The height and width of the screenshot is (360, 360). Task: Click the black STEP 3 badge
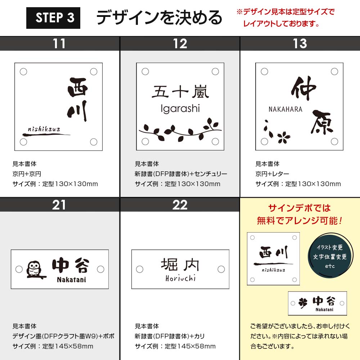click(53, 18)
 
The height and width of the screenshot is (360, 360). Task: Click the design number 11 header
click(59, 44)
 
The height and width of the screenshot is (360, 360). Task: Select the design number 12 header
click(180, 44)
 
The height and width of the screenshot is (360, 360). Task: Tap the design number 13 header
click(300, 44)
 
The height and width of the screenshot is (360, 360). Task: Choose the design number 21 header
click(59, 205)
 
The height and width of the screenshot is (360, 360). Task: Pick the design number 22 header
click(180, 205)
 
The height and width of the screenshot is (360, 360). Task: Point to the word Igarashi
click(180, 109)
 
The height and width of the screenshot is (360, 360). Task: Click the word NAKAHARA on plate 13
click(285, 109)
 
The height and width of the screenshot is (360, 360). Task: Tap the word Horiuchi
click(180, 278)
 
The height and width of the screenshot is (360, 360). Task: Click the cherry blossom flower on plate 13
click(284, 137)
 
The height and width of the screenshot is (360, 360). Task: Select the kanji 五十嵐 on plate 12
click(180, 91)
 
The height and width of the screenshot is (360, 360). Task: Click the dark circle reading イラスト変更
click(330, 256)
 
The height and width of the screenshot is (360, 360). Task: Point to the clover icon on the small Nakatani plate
click(303, 303)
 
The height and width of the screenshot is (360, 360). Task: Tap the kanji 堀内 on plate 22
click(180, 265)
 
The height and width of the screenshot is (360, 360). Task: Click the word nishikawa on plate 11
click(44, 129)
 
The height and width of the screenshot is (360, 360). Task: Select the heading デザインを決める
click(159, 17)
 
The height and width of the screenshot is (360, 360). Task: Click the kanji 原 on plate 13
click(322, 122)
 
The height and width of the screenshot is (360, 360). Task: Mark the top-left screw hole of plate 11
click(23, 72)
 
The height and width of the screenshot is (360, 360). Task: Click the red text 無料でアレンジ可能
click(300, 221)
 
